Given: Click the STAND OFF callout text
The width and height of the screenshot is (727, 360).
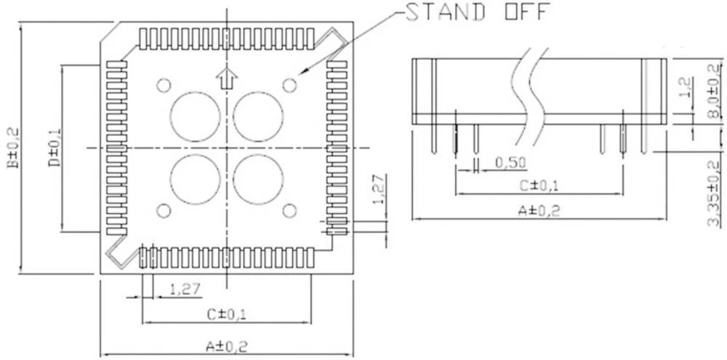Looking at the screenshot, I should pyautogui.click(x=477, y=13).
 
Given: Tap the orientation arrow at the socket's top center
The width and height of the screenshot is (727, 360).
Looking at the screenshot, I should pyautogui.click(x=227, y=76).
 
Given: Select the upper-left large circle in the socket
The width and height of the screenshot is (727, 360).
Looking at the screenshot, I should pyautogui.click(x=195, y=116).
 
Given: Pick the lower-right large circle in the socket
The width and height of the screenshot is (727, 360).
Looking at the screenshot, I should pyautogui.click(x=258, y=179).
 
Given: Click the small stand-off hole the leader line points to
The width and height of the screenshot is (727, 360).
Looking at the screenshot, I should pyautogui.click(x=289, y=85).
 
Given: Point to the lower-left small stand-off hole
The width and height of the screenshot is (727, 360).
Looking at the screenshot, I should pyautogui.click(x=164, y=211).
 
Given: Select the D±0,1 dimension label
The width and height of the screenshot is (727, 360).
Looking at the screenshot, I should pyautogui.click(x=55, y=148).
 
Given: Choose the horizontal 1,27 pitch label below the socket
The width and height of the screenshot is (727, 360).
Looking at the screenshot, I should pyautogui.click(x=185, y=289).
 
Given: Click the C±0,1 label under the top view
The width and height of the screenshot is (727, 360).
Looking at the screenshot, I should pyautogui.click(x=227, y=314).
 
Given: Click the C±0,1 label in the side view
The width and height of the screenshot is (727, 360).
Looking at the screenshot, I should pyautogui.click(x=539, y=185).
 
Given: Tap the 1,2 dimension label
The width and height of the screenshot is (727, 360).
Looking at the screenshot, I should pyautogui.click(x=684, y=89).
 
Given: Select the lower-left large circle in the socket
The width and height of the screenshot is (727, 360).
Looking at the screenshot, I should pyautogui.click(x=195, y=179).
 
